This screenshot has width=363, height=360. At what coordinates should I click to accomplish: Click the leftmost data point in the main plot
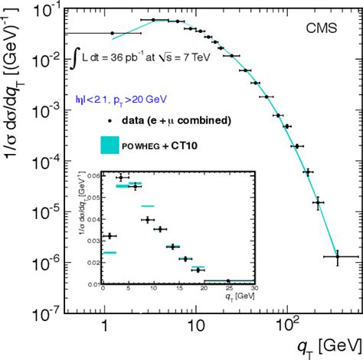coord(112,34)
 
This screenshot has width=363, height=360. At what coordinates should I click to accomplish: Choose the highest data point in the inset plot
coord(119,177)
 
